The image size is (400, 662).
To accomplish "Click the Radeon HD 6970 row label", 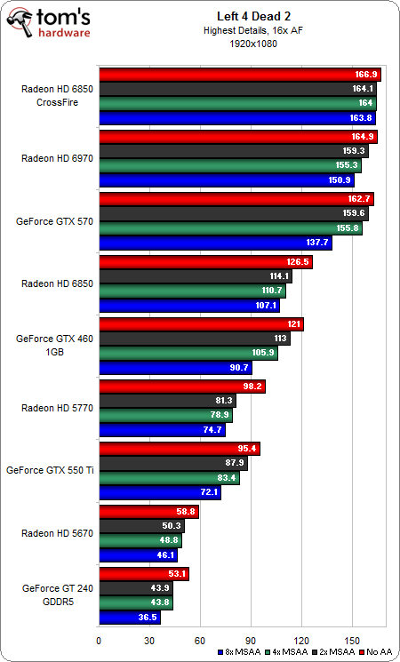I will (55, 158).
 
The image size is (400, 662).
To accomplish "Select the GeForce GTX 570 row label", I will (55, 220).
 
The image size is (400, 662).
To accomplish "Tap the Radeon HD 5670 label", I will (55, 531).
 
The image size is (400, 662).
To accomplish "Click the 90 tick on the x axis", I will (252, 639).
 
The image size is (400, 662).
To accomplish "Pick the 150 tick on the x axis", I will (353, 639).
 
